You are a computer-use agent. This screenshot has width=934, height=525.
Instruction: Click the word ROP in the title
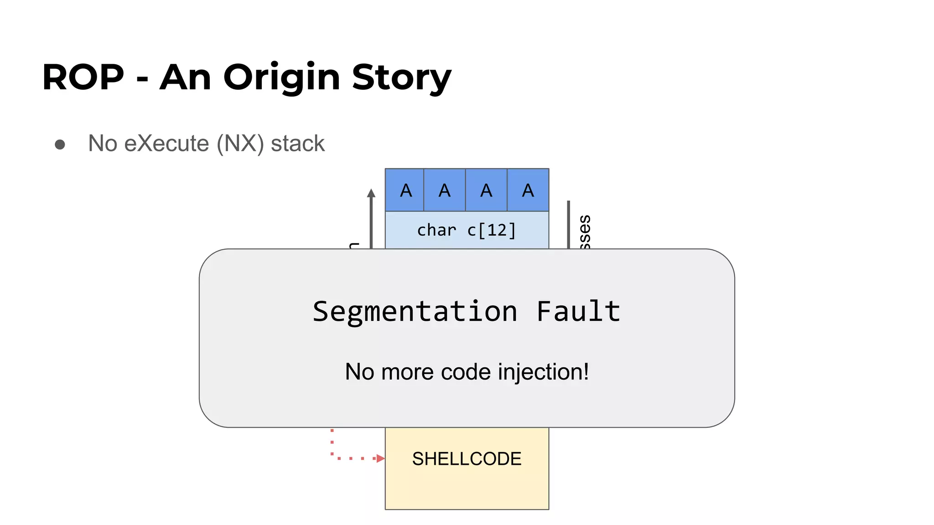(83, 77)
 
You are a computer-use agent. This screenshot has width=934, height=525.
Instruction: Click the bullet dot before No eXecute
(60, 144)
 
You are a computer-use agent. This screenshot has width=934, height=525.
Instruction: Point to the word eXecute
(166, 144)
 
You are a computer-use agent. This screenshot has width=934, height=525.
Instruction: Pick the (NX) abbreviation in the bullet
(240, 144)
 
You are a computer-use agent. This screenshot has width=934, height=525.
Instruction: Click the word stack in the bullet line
(298, 144)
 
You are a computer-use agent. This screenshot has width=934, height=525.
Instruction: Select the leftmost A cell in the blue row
(405, 190)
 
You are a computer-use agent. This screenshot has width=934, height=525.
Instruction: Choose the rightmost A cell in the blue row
(528, 190)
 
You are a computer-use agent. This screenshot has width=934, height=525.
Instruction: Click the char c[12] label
(467, 230)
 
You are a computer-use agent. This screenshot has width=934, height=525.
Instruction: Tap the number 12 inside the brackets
(497, 230)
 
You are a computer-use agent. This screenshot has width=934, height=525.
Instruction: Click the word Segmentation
(415, 312)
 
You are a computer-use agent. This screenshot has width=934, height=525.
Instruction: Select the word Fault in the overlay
(578, 312)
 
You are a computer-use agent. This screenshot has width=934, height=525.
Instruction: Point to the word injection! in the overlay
(543, 372)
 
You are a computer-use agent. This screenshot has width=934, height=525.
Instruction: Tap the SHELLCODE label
(467, 459)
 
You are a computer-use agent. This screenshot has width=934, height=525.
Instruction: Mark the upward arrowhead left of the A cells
(371, 193)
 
